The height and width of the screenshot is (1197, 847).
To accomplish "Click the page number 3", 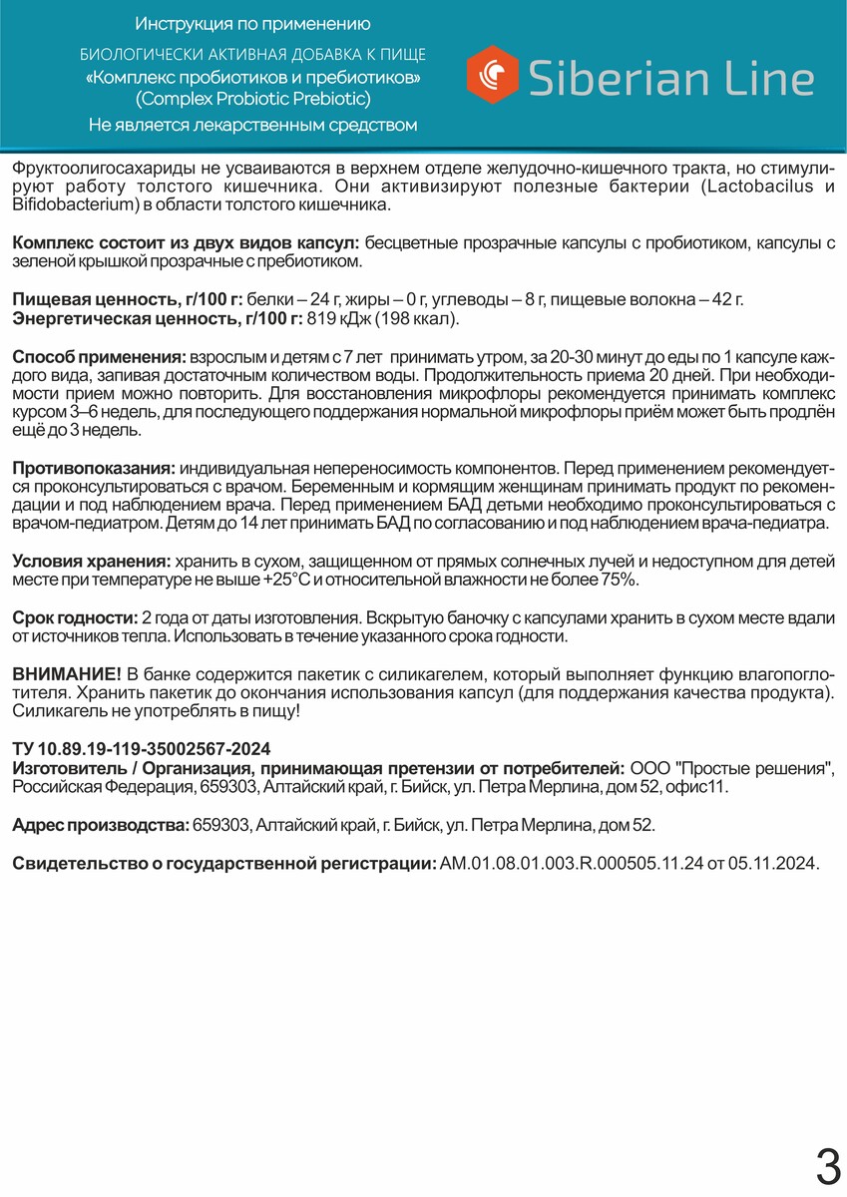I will point(827,1165).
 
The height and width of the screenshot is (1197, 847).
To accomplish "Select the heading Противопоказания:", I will point(94,468).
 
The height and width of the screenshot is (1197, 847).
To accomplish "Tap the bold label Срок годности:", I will point(75,618).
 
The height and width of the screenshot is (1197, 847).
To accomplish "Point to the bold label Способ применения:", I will point(98,357).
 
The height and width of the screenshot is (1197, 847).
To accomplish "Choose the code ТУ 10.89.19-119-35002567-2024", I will point(141,749).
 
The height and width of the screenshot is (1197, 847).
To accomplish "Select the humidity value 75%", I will point(613,580).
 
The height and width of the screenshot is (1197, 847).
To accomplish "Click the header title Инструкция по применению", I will point(252,24).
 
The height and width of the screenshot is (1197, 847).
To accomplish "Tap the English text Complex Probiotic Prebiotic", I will point(252,99).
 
